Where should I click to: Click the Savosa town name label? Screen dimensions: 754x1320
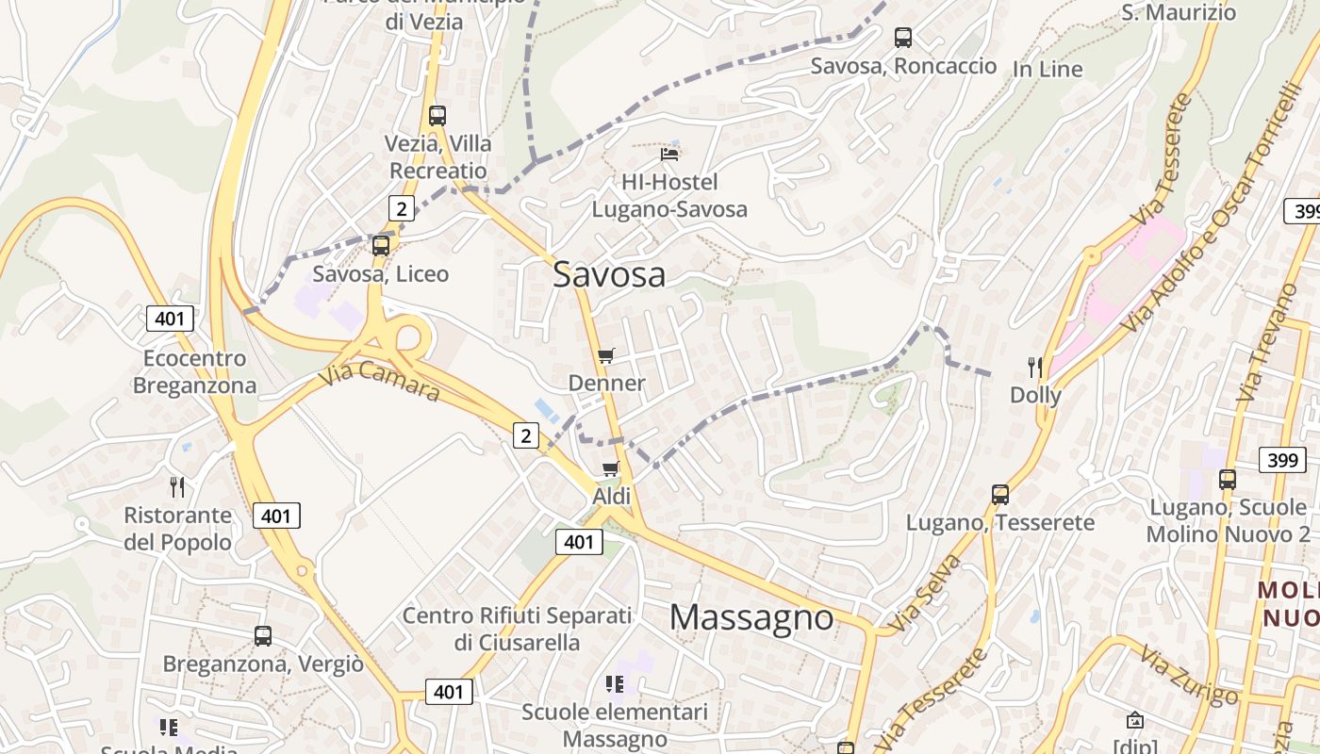[609, 274]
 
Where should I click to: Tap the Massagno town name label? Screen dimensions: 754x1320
[751, 617]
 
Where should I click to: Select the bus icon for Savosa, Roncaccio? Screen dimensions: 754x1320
[903, 38]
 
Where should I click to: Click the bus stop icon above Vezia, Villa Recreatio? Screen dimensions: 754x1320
[437, 116]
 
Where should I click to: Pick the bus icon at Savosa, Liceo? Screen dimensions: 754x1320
[381, 246]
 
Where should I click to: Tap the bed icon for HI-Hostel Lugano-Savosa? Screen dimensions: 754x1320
[669, 154]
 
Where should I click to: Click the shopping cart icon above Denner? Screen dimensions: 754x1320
[606, 356]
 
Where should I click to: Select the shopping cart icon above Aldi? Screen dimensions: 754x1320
[611, 468]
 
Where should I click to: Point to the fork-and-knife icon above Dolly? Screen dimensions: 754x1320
[1035, 368]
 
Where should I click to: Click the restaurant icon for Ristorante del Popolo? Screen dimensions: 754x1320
[177, 486]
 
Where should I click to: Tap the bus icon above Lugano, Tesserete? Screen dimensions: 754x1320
[1000, 494]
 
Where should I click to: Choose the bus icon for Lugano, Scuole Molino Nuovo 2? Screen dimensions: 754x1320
[1228, 479]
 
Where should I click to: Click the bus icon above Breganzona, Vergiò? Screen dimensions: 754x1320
[263, 635]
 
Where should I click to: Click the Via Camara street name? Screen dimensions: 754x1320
[379, 382]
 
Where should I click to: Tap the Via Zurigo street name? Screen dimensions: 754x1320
[1188, 675]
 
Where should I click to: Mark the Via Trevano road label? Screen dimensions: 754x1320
[1263, 341]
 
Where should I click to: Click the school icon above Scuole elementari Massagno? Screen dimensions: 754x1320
[615, 683]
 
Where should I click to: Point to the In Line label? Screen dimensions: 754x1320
[1048, 69]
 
